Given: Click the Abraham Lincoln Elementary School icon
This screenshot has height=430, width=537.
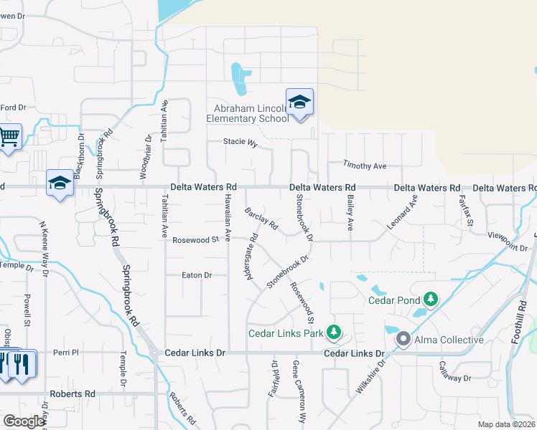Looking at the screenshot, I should [x=299, y=102].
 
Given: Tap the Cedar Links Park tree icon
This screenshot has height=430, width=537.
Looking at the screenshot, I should [x=333, y=332].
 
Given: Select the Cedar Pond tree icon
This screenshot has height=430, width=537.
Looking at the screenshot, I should [x=430, y=297].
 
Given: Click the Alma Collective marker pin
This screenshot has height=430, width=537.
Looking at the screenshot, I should [x=403, y=339].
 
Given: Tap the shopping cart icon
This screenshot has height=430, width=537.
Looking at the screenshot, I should [x=9, y=135].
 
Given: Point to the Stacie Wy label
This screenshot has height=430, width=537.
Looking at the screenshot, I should [x=241, y=143].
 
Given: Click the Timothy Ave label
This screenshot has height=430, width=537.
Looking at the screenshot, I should [x=365, y=166].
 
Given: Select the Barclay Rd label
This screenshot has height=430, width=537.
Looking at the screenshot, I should [x=261, y=219].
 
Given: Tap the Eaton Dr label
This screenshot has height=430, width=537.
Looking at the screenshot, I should [x=197, y=274].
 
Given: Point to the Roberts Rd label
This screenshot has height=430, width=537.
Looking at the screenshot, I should [x=72, y=393].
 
